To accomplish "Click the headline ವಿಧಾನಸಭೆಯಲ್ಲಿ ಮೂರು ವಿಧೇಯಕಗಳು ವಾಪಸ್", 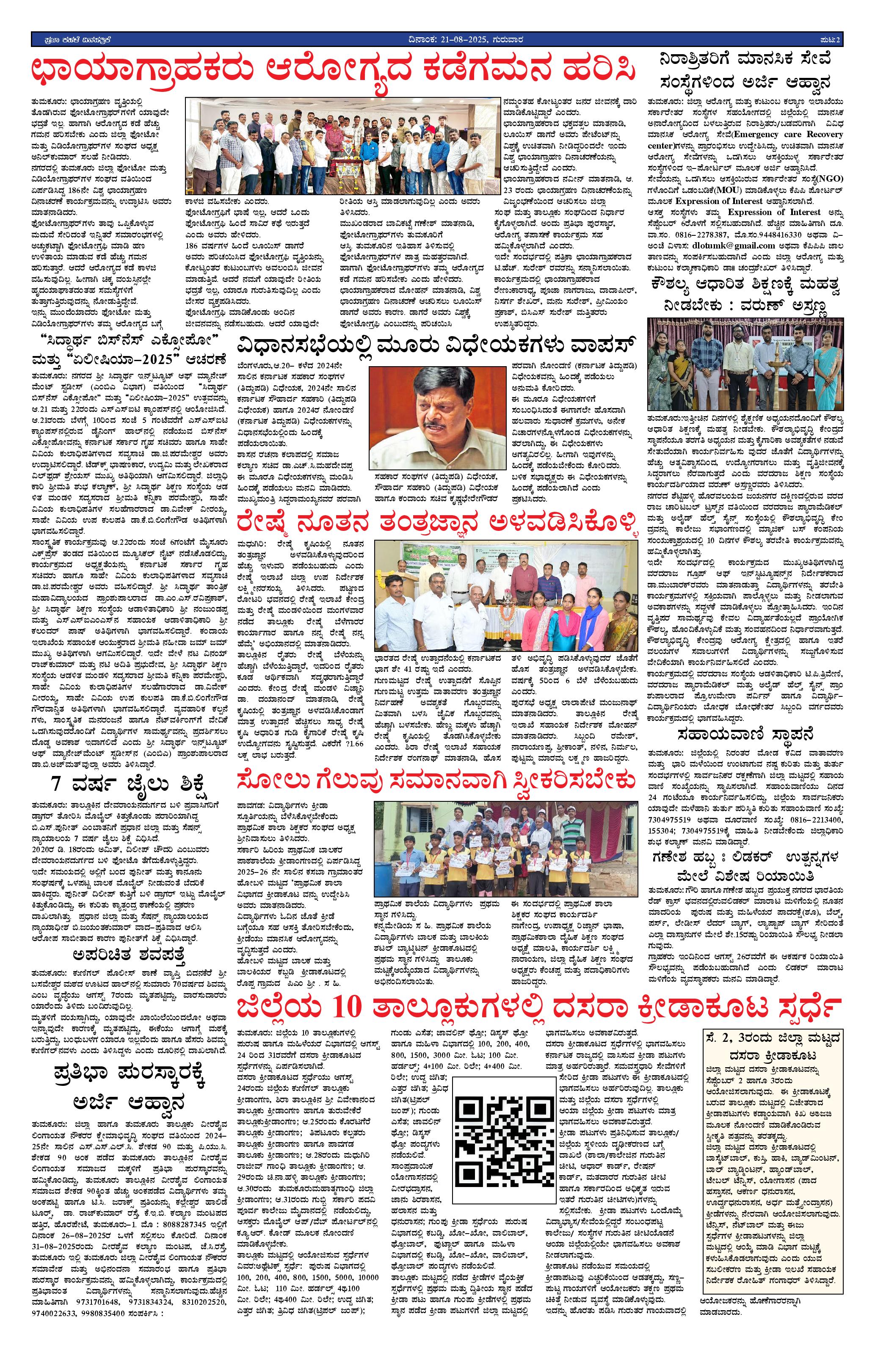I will click(436, 345).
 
